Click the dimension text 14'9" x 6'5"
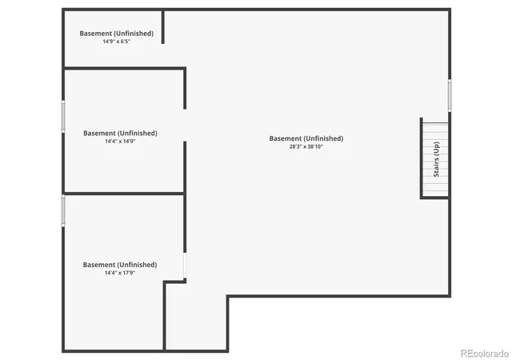coord(117,42)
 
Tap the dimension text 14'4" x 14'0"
coord(120,141)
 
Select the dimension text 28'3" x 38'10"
coord(306,146)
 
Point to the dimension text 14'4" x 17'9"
coord(120,273)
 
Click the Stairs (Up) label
coord(436,159)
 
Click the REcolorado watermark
coord(485,354)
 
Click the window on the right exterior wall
coord(450,95)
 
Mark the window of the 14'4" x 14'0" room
coord(63,117)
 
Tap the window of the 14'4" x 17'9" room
coord(63,210)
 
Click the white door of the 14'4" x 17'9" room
coord(185,266)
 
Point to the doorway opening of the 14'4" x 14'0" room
coord(185,125)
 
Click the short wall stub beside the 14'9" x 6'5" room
coord(163,26)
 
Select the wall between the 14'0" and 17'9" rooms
coord(124,194)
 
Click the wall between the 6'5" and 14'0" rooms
coord(125,68)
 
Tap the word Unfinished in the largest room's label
coord(323,138)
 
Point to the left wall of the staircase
coord(422,158)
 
